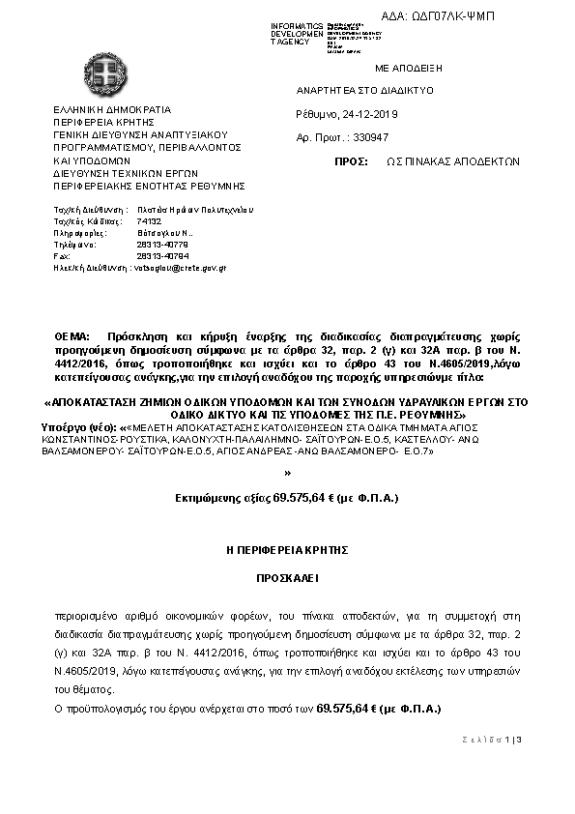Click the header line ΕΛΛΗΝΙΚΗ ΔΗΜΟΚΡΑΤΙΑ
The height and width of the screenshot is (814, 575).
111,111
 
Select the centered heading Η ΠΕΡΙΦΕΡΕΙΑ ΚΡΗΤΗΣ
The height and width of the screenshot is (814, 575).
286,549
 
